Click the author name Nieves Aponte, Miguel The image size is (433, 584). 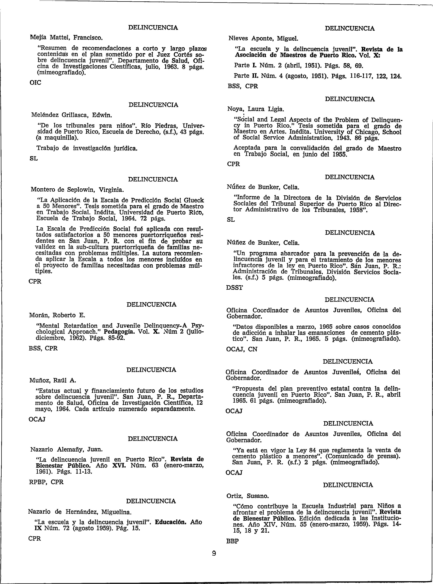point(263,39)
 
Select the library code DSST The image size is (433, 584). point(235,288)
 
